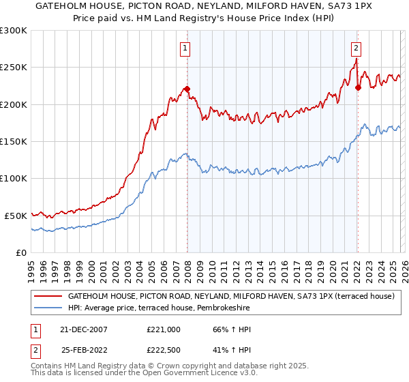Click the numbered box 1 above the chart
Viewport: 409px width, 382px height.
[x=186, y=48]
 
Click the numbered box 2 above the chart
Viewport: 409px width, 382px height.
[x=356, y=48]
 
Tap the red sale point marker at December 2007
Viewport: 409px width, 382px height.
[x=187, y=89]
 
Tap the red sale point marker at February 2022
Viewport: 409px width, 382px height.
[x=358, y=87]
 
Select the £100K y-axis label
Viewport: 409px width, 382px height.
[x=14, y=178]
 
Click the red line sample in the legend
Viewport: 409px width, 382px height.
[x=48, y=297]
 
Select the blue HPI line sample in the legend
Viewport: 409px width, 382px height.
[x=48, y=308]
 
